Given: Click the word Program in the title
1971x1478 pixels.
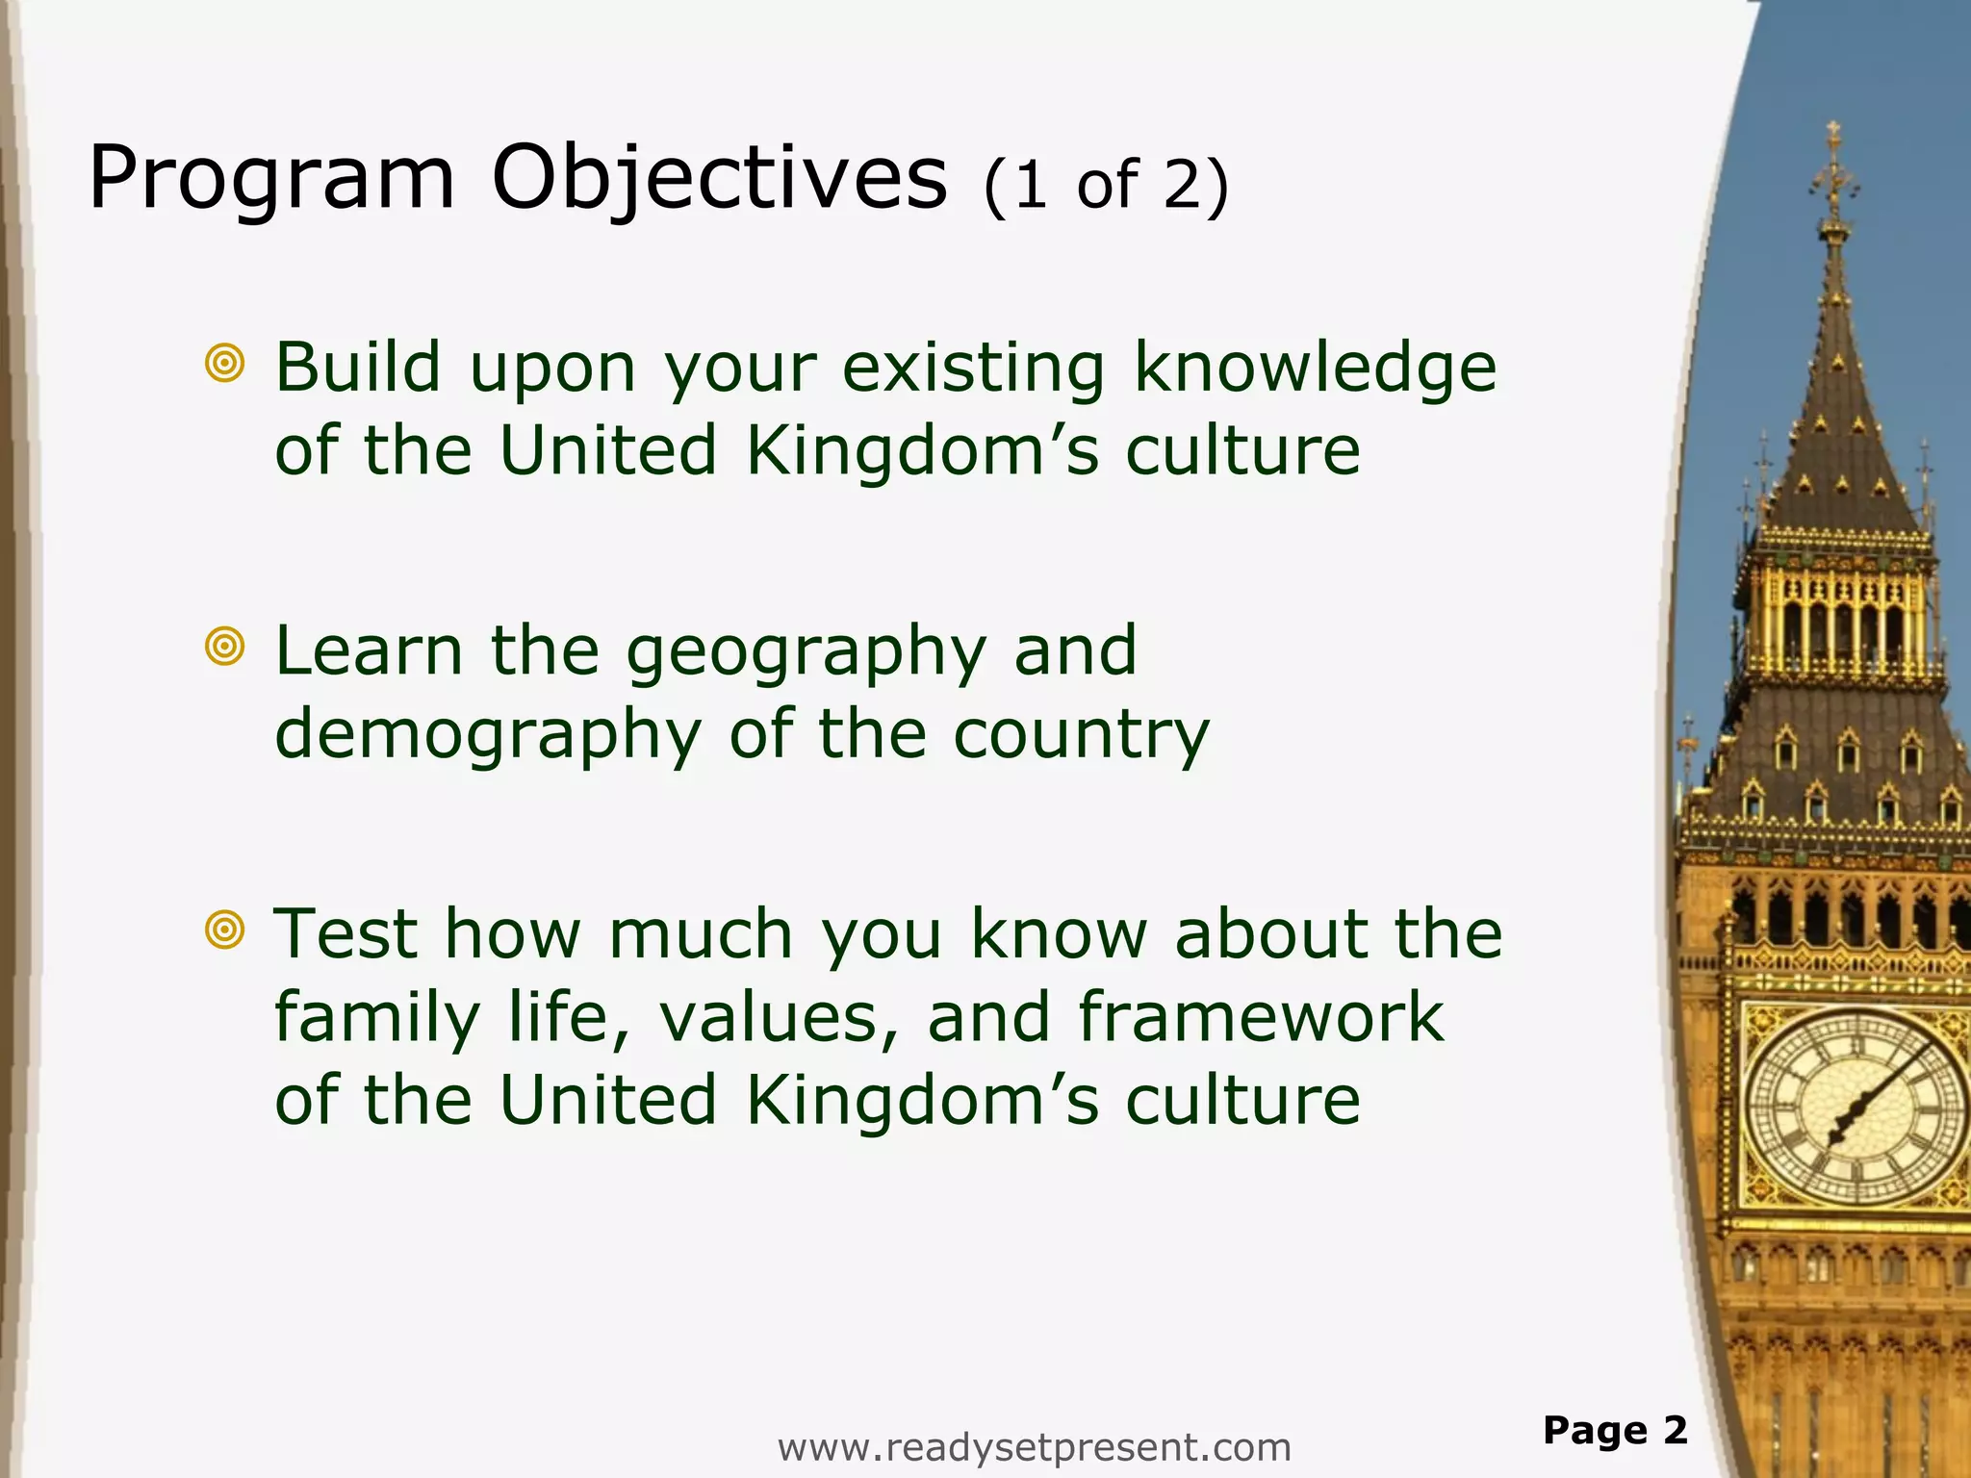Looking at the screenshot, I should [x=270, y=180].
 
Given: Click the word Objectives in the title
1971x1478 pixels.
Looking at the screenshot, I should [x=719, y=180].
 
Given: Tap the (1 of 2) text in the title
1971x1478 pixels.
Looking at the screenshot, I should [x=1106, y=185].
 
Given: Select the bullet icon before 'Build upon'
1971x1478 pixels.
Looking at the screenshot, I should [x=225, y=364].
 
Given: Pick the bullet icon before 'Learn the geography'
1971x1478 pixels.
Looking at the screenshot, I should [x=225, y=647].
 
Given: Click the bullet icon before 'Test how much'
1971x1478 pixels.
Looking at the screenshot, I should [x=225, y=930].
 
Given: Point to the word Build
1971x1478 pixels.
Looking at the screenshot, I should [x=357, y=367].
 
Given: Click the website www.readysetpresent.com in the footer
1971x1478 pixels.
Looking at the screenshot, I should [x=1034, y=1447].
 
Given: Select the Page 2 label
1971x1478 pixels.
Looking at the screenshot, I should [x=1615, y=1431].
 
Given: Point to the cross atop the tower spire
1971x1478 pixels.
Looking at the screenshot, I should [x=1833, y=135].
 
